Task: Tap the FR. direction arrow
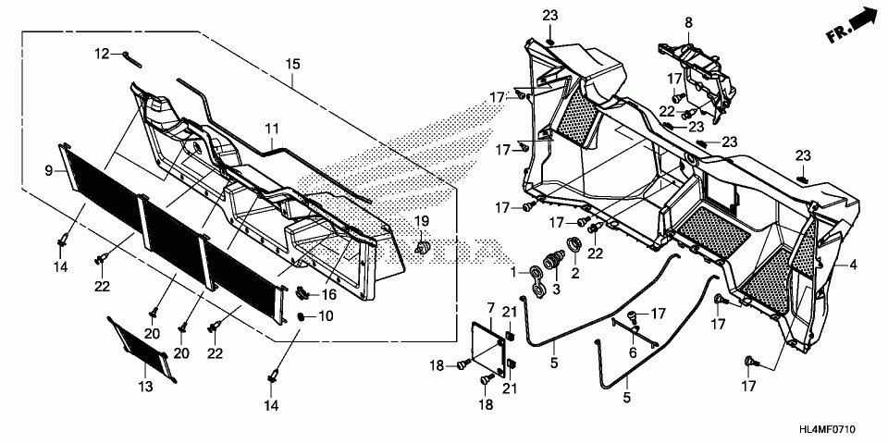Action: coord(850,25)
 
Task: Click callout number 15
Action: coord(293,65)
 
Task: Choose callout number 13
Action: coord(145,385)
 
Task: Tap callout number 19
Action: coord(422,222)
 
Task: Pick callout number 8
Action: coord(688,22)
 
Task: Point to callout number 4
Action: coord(853,265)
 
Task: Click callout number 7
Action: coord(492,307)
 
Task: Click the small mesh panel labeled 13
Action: coord(140,349)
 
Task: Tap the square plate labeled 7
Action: coord(487,338)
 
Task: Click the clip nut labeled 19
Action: coord(423,248)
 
